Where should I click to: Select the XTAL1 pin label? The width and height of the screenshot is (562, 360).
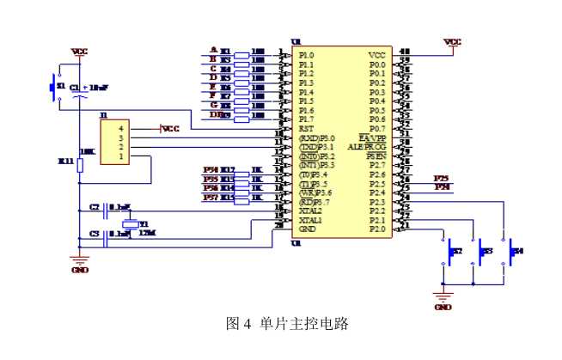point(310,220)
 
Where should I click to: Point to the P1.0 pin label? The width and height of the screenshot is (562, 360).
point(306,56)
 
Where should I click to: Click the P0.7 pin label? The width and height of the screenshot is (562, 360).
point(377,129)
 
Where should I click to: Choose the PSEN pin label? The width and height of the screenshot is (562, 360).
point(376,156)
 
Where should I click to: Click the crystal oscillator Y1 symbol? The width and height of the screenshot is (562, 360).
point(129,225)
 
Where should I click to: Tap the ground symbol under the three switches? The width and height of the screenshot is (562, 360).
point(443,298)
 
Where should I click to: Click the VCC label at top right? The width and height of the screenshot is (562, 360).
point(452,40)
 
